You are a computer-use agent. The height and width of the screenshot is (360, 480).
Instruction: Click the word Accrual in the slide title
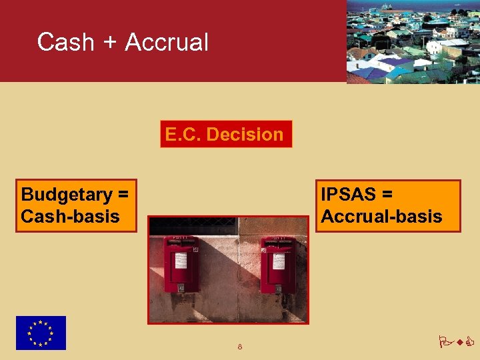tap(167, 42)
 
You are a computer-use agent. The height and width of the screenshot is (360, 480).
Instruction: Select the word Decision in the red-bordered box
tap(245, 134)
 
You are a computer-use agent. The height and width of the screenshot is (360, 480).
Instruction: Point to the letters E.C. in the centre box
tap(183, 134)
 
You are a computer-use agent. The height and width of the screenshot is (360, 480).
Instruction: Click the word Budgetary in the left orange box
tap(66, 195)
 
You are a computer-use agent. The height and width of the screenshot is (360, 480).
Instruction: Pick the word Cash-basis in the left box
tap(70, 216)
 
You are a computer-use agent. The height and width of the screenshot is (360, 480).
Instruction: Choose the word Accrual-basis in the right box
tap(381, 216)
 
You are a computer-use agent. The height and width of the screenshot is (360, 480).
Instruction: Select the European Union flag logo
tap(41, 333)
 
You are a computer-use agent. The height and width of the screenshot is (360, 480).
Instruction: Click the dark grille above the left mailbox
tap(193, 226)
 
